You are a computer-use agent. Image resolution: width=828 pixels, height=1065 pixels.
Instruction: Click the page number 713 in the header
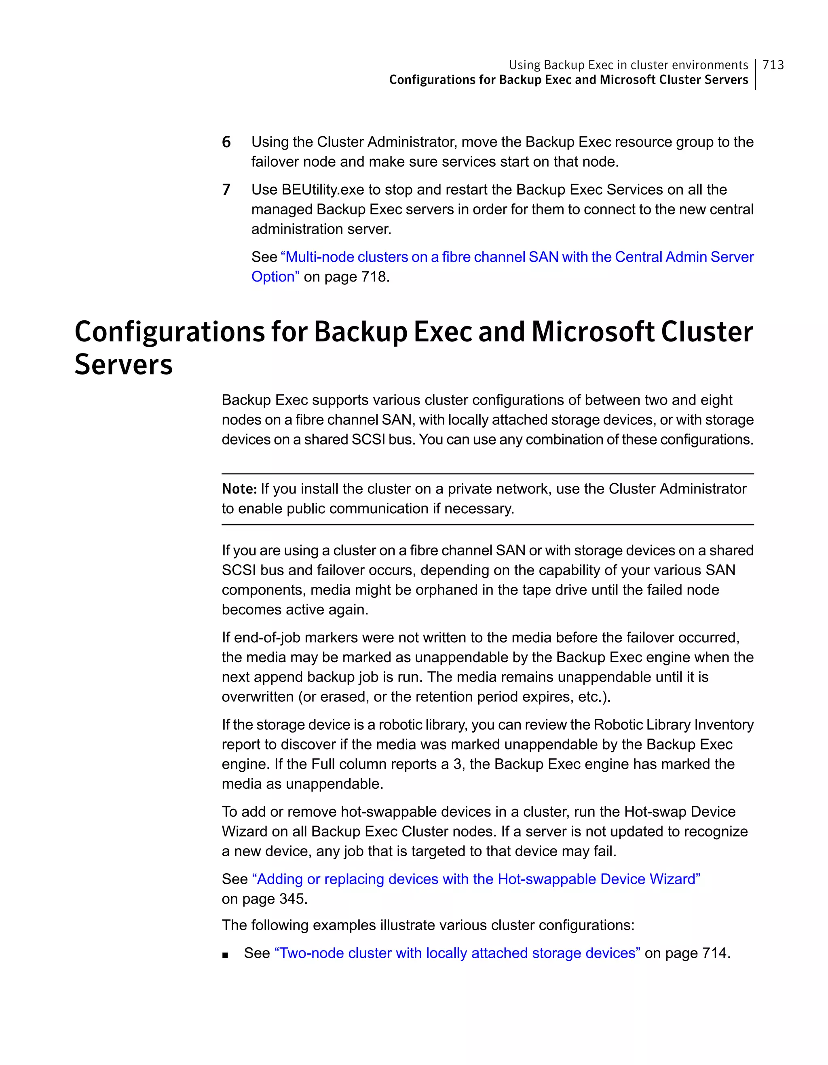click(773, 65)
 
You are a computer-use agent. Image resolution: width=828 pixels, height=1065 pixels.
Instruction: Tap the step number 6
click(226, 142)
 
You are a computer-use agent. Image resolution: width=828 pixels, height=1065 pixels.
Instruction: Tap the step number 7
click(226, 189)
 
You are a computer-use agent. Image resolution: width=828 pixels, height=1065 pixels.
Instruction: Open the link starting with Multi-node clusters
click(517, 257)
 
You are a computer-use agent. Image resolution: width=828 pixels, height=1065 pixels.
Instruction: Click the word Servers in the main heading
click(123, 365)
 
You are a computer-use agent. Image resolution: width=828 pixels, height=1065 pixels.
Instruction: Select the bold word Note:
click(239, 489)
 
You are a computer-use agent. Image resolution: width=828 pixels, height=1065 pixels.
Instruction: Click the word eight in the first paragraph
click(716, 400)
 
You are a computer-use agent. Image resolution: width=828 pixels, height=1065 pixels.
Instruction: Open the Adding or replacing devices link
click(475, 879)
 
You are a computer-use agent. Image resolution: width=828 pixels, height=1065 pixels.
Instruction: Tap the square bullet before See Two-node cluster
click(225, 955)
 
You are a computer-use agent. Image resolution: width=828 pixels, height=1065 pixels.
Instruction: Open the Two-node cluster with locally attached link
click(457, 953)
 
